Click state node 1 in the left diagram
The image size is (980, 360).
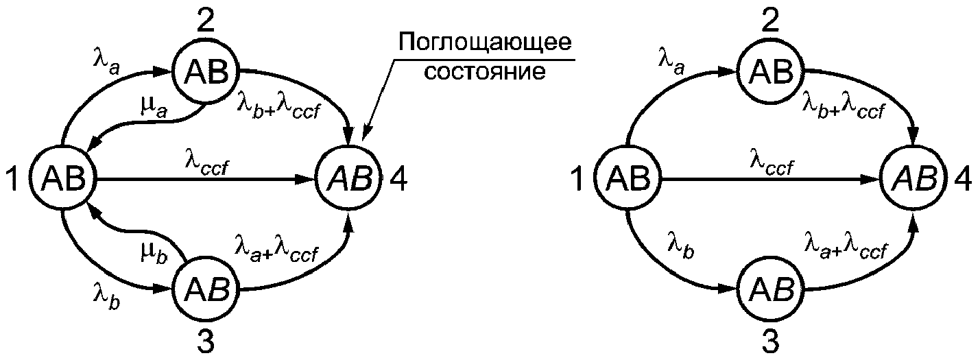tap(64, 180)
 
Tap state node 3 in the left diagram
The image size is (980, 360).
tap(203, 291)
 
